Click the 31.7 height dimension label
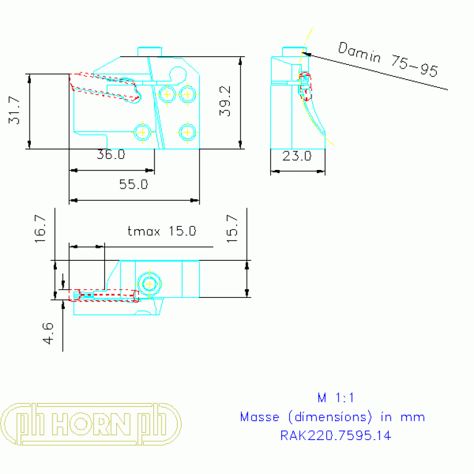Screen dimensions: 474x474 click(14, 111)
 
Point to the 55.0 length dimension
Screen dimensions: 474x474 click(133, 184)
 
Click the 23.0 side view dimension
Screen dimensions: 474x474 click(297, 156)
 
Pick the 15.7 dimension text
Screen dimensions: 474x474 click(232, 228)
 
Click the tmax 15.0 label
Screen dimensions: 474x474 click(161, 231)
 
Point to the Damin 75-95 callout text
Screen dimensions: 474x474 click(388, 59)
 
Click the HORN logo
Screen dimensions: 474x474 click(91, 425)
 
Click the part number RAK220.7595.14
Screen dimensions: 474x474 click(336, 436)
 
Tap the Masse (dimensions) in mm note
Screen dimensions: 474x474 click(332, 417)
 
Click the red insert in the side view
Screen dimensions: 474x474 click(306, 86)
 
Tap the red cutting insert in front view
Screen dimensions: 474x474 click(105, 87)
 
